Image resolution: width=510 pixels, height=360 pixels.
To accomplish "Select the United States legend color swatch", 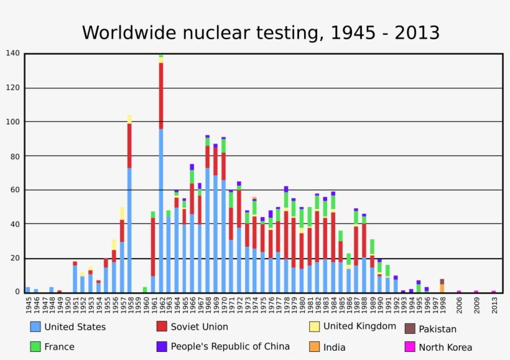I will tap(35, 326).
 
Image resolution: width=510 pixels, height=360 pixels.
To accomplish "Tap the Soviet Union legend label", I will tap(199, 326).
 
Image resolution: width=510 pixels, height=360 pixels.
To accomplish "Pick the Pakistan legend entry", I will tap(437, 329).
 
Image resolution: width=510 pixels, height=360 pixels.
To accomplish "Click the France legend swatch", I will tap(35, 346).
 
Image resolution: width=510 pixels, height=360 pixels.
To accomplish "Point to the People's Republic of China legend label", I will tap(230, 346).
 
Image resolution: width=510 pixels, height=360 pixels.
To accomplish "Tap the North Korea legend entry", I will tap(445, 347).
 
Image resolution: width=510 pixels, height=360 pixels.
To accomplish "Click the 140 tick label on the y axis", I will tap(13, 53).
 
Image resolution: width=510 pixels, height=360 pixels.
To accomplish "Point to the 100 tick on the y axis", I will tap(13, 122).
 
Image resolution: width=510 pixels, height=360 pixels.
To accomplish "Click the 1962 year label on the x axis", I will tap(161, 305).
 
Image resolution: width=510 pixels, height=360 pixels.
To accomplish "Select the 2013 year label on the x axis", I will tap(494, 305).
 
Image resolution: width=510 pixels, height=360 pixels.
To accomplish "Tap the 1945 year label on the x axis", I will tap(28, 305).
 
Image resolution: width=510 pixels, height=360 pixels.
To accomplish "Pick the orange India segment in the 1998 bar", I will tap(442, 288).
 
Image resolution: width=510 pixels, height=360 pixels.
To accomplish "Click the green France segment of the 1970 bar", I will tap(223, 145).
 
